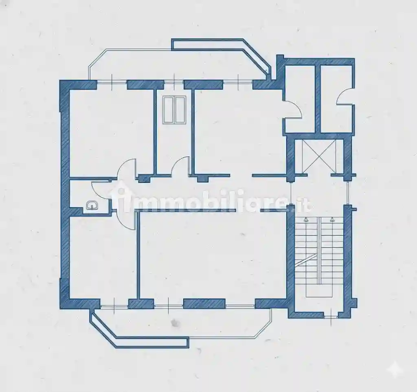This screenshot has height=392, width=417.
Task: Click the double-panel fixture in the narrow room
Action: coord(174,110)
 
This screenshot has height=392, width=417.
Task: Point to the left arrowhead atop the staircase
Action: coord(306,219)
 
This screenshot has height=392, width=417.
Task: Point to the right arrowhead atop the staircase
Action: coord(332,219)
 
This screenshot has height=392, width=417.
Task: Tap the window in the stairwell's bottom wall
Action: coord(331,317)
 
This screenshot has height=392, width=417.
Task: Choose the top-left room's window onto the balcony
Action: coord(112,82)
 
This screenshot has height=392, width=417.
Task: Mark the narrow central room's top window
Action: coord(173,82)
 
